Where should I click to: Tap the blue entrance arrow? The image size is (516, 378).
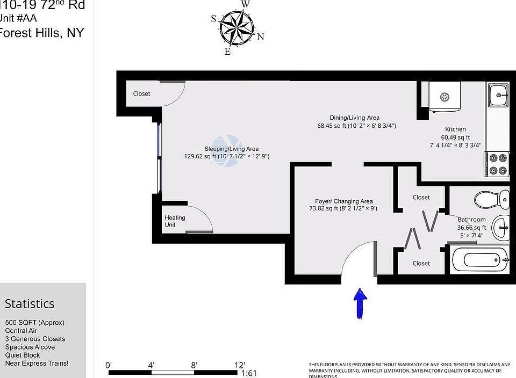tap(360, 303)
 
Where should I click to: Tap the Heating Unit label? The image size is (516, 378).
tap(175, 221)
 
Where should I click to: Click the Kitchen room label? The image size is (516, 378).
tap(455, 129)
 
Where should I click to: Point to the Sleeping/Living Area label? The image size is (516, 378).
tap(231, 149)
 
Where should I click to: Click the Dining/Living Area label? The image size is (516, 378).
tap(355, 118)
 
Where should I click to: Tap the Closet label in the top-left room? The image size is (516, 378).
tap(142, 93)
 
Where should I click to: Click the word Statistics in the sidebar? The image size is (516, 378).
tap(30, 304)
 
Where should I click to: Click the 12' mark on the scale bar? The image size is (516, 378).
tap(239, 365)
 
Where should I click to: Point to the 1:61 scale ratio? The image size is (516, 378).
tap(249, 373)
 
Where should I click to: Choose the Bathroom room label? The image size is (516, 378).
tap(471, 220)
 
